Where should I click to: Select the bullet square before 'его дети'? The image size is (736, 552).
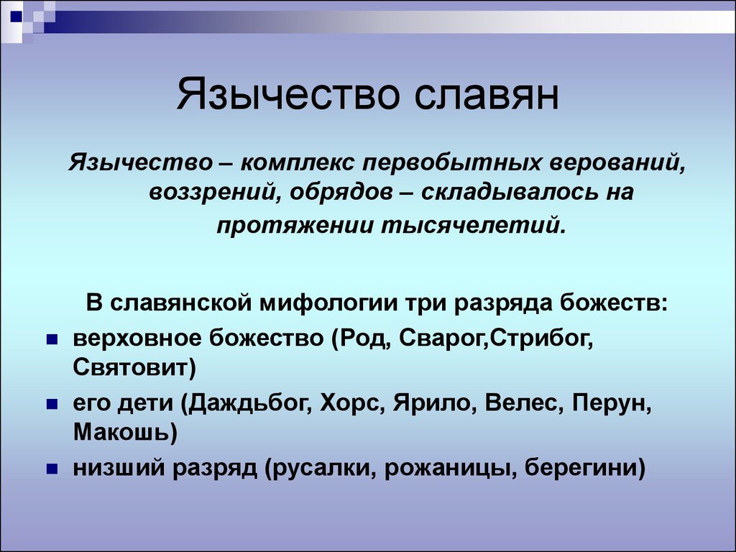coord(51,405)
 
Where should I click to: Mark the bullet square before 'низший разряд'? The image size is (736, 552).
coord(51,469)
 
